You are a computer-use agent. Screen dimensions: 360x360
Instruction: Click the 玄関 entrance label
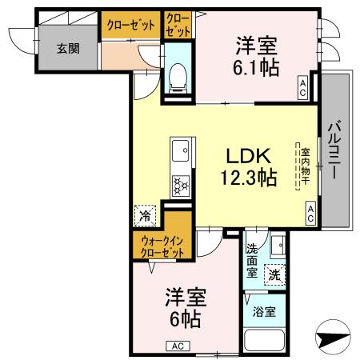tap(68, 49)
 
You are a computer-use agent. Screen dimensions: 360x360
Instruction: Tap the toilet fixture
tap(178, 78)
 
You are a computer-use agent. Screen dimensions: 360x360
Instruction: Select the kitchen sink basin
tap(180, 150)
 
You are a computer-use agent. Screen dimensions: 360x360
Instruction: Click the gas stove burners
tap(181, 186)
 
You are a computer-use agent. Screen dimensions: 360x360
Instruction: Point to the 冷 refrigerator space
tap(145, 216)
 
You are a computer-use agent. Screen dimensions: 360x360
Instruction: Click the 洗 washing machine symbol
tap(274, 275)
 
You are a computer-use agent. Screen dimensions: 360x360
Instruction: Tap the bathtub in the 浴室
tap(265, 339)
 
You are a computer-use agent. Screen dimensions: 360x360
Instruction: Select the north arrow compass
tap(333, 338)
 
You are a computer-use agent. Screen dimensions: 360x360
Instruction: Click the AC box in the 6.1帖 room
tap(302, 88)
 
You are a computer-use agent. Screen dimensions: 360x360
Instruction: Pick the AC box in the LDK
tap(310, 213)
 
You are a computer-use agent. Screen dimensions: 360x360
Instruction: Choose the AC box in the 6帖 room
tap(178, 346)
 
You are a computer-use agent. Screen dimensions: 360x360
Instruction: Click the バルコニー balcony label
tap(334, 150)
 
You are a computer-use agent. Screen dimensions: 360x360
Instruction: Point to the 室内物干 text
tap(306, 166)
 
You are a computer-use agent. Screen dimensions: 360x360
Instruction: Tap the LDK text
tap(249, 156)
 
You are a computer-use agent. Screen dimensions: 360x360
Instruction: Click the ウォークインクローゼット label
tap(162, 246)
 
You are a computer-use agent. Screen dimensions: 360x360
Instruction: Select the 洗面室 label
tap(252, 261)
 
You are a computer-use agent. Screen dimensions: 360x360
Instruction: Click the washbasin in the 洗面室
tap(278, 245)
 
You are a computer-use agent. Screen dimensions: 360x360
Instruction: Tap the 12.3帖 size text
tap(249, 177)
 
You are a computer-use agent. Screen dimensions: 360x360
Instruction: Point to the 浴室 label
tap(264, 311)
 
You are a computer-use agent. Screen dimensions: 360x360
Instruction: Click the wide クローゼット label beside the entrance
tap(130, 26)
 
